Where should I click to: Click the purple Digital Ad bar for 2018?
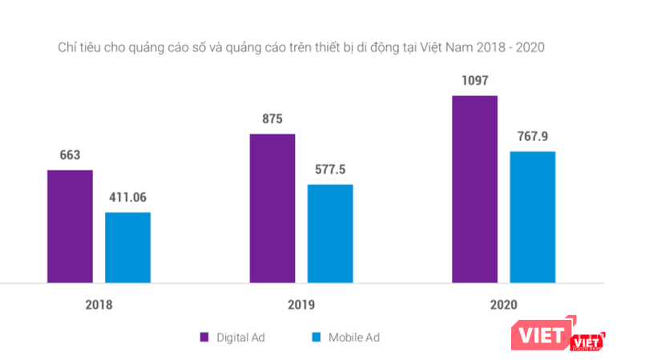click(70, 226)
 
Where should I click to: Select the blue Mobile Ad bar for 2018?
click(127, 247)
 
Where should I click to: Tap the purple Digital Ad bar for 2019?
click(272, 208)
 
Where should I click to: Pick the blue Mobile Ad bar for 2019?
click(329, 233)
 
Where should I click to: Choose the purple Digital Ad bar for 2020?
click(474, 188)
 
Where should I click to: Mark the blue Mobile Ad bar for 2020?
click(532, 216)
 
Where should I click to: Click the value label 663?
click(70, 156)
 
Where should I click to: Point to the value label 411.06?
click(128, 197)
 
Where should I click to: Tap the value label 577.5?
click(330, 170)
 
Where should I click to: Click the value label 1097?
click(474, 81)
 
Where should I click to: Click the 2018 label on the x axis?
click(99, 305)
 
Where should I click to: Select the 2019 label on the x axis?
click(301, 305)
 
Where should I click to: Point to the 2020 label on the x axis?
click(503, 305)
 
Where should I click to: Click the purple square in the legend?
click(204, 337)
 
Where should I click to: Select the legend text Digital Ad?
click(240, 337)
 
